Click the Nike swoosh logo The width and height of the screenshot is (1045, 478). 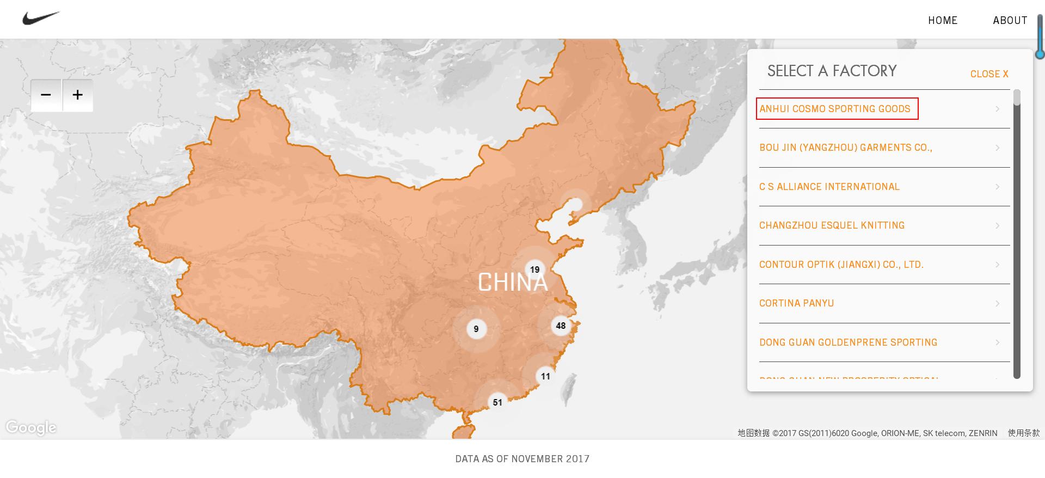click(40, 19)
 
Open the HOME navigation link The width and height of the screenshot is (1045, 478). click(943, 21)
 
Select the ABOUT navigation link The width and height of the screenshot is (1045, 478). click(1010, 21)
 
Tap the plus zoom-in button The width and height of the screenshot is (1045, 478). click(78, 95)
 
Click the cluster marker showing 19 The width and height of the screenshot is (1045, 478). click(534, 269)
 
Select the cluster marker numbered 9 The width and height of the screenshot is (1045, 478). click(476, 329)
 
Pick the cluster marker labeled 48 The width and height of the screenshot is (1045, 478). click(561, 326)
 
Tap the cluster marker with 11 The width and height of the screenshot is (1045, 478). click(545, 376)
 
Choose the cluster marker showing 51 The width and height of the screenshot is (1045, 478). click(497, 402)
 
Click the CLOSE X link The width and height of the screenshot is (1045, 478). click(989, 74)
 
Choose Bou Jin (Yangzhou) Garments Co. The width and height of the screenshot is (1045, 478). click(845, 148)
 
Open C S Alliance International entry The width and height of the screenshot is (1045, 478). click(829, 187)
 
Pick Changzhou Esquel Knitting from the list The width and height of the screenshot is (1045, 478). click(832, 225)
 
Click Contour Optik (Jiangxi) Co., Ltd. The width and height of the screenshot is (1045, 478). click(841, 265)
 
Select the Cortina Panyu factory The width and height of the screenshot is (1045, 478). click(796, 303)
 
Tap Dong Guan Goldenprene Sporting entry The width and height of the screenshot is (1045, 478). click(848, 342)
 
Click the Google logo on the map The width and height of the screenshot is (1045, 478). click(31, 428)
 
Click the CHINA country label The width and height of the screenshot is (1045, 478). click(512, 283)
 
